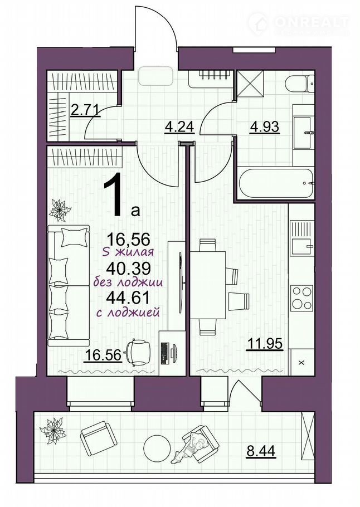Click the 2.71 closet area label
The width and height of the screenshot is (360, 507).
coord(84,110)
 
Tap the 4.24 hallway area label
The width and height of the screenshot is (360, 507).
coord(179,127)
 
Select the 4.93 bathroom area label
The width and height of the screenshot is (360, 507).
coord(264,127)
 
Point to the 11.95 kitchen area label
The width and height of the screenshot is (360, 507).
coord(265,344)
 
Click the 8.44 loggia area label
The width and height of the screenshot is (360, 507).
coord(261,451)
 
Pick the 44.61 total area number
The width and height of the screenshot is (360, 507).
coord(129,297)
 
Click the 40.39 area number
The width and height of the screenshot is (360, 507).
coord(129,267)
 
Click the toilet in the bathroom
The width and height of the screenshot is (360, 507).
coord(299,83)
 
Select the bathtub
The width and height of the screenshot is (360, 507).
coord(276,183)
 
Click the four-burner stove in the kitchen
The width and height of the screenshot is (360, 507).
coord(301,298)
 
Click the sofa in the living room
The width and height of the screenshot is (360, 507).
coord(69,285)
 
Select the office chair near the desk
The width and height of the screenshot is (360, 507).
coord(138,352)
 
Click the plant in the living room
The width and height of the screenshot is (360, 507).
coord(60,210)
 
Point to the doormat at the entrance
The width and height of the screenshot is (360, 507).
coord(156,76)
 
